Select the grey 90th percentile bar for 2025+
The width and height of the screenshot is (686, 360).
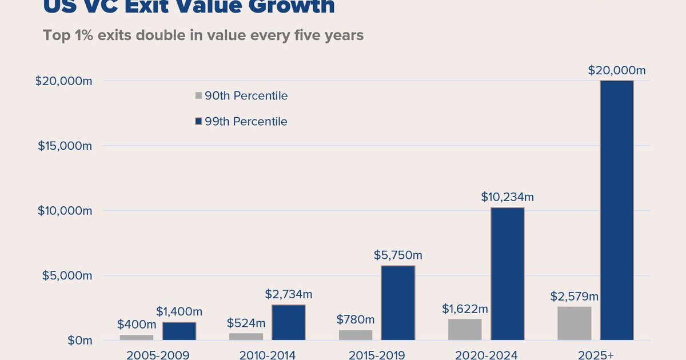pos(575,323)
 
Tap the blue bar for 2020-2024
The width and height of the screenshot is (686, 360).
pos(507,274)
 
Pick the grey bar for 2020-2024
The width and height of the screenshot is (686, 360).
pos(465,330)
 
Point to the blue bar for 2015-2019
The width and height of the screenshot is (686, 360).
pos(398,303)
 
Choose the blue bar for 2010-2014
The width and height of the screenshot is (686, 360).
pos(289,322)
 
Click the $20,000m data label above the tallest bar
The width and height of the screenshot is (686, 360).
pos(616,71)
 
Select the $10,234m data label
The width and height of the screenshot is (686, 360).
pos(507,197)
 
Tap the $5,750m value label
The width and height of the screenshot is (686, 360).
pos(398,255)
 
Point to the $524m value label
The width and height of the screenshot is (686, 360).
pos(246,323)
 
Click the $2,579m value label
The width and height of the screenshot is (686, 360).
pos(575,297)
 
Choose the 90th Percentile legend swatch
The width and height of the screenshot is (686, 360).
pos(198,96)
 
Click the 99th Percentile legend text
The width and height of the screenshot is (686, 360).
pos(246,122)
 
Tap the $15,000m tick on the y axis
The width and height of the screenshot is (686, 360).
pos(65,146)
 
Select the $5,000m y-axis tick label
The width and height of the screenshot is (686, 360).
pos(67,275)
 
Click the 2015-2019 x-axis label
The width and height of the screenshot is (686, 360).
pos(376,355)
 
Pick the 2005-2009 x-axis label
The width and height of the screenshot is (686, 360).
pos(157,355)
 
